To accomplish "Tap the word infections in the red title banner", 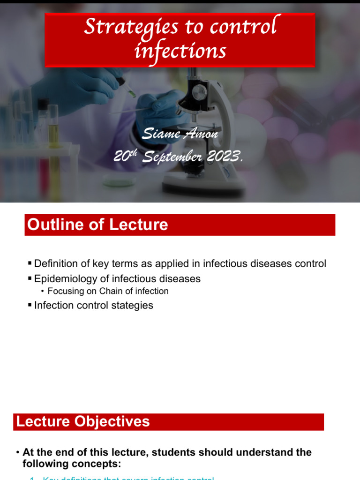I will tap(180, 50).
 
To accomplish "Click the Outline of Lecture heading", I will tap(97, 225).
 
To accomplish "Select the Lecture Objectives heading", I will tap(83, 421).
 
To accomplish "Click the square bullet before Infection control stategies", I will tap(30, 306).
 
